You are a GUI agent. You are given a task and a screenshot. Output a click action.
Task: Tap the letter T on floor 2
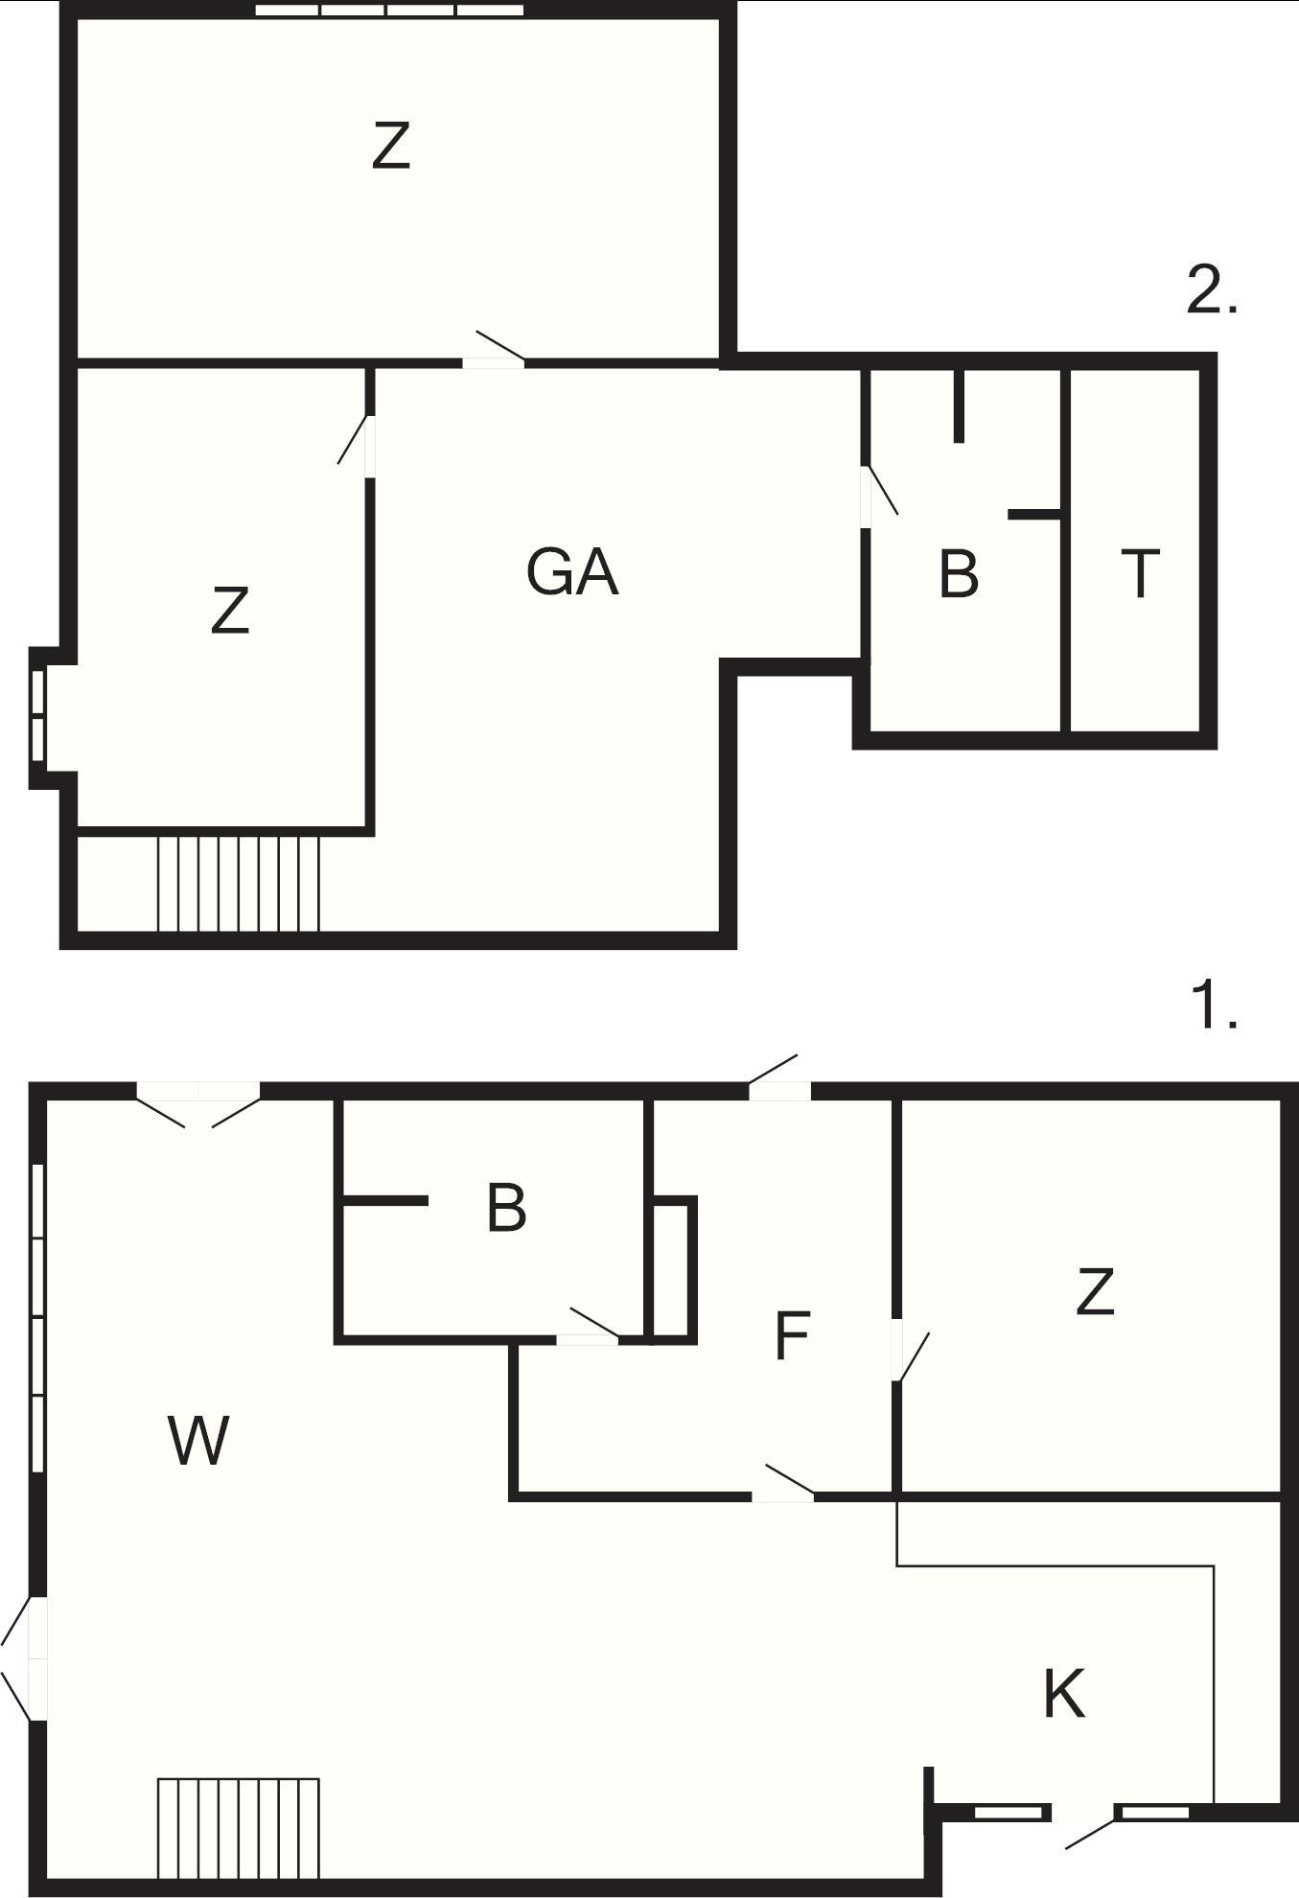[x=1140, y=572]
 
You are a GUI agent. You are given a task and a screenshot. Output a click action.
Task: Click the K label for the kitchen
[x=1064, y=1693]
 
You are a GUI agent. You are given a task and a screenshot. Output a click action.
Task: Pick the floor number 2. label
[x=1212, y=289]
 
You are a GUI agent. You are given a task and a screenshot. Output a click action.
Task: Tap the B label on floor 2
[x=959, y=573]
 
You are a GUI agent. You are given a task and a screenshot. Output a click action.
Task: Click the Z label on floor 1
[x=1095, y=1291]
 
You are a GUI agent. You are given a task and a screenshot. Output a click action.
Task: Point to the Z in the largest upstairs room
[x=391, y=146]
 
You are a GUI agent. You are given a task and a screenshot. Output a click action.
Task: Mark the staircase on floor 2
[x=238, y=883]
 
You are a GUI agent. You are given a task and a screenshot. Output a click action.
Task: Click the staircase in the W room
[x=238, y=1828]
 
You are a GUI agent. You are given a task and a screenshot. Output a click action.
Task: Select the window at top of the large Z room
[x=390, y=11]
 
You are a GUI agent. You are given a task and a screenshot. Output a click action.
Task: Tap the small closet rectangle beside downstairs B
[x=673, y=1269]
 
